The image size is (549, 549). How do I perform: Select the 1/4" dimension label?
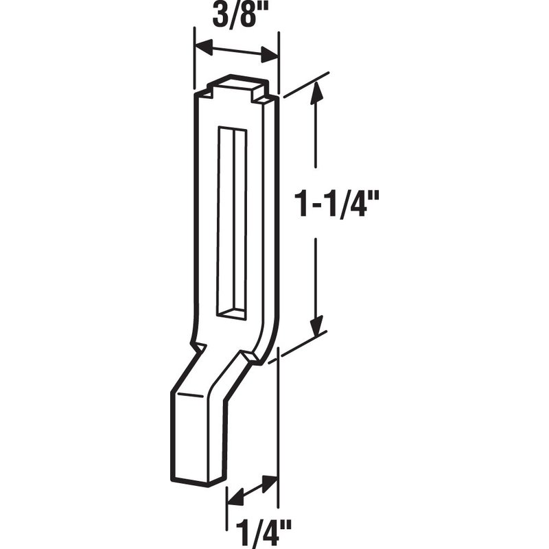tap(263, 535)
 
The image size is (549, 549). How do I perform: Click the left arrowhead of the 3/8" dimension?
tap(204, 46)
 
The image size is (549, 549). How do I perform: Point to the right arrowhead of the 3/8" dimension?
tap(270, 56)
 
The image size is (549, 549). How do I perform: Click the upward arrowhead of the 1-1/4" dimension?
tap(317, 93)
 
